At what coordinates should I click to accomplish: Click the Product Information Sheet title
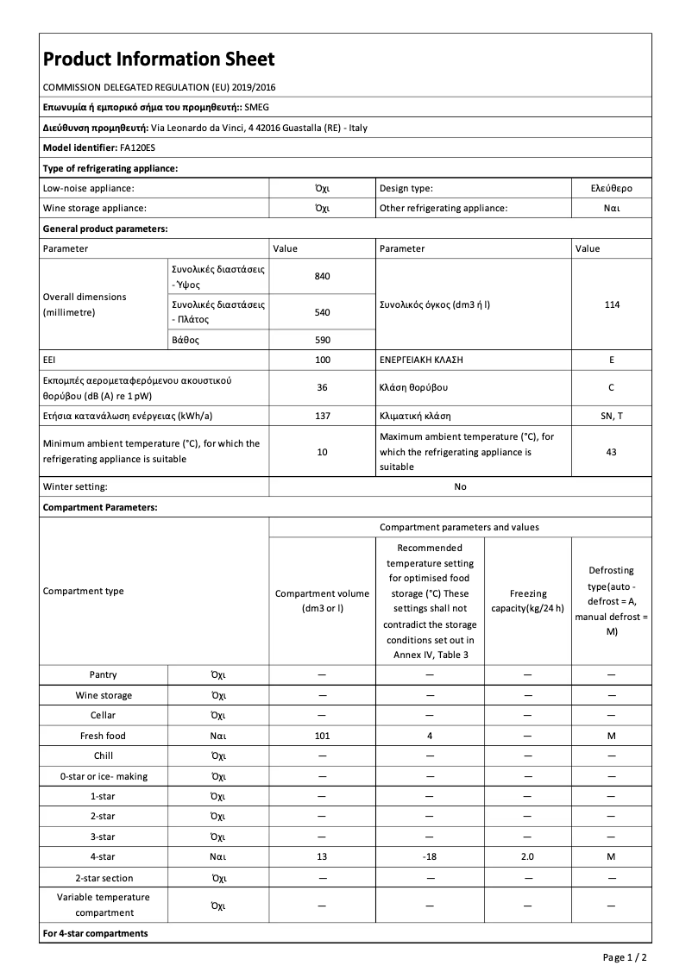(159, 59)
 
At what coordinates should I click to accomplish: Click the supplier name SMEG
(257, 107)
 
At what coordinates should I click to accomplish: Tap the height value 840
(322, 276)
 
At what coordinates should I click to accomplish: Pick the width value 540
(322, 312)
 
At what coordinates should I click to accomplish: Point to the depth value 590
(322, 340)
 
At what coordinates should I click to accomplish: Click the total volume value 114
(611, 304)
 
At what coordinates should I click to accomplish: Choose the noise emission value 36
(322, 387)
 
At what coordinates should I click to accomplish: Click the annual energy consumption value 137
(322, 416)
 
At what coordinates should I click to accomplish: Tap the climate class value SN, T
(611, 416)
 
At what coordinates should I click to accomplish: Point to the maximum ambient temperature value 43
(611, 452)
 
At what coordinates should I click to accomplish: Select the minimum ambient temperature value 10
(322, 452)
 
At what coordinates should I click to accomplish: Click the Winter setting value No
(460, 486)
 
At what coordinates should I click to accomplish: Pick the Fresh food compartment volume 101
(322, 736)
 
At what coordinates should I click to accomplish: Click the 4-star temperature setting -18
(429, 857)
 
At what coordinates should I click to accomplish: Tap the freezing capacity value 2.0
(527, 857)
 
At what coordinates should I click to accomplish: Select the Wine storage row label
(104, 695)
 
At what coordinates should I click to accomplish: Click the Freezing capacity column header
(527, 600)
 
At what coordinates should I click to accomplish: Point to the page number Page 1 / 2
(625, 957)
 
